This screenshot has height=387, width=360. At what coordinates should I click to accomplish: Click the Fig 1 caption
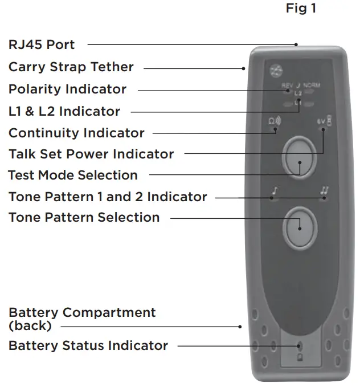[x=301, y=9]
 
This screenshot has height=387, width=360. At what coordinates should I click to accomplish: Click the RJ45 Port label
[x=41, y=44]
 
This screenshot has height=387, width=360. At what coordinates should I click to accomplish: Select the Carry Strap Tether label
[x=71, y=67]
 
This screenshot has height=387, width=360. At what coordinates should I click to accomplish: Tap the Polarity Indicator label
[x=67, y=89]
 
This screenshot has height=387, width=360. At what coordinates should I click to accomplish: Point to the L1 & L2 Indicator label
[x=64, y=111]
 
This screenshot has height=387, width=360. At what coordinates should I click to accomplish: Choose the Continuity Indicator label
[x=76, y=133]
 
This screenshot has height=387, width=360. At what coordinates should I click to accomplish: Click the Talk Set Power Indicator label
[x=91, y=154]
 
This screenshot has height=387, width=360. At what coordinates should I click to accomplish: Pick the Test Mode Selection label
[x=73, y=175]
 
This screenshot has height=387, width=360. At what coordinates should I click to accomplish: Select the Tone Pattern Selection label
[x=84, y=218]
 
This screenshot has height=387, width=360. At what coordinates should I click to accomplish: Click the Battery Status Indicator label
[x=88, y=345]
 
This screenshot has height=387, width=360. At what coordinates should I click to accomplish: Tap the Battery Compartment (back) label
[x=81, y=319]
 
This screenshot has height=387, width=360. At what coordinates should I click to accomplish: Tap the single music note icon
[x=274, y=192]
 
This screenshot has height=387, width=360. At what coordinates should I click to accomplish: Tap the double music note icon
[x=324, y=192]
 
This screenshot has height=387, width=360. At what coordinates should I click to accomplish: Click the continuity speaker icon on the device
[x=274, y=121]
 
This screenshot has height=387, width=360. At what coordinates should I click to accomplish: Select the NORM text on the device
[x=311, y=85]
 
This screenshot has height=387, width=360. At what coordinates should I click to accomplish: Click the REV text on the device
[x=287, y=85]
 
